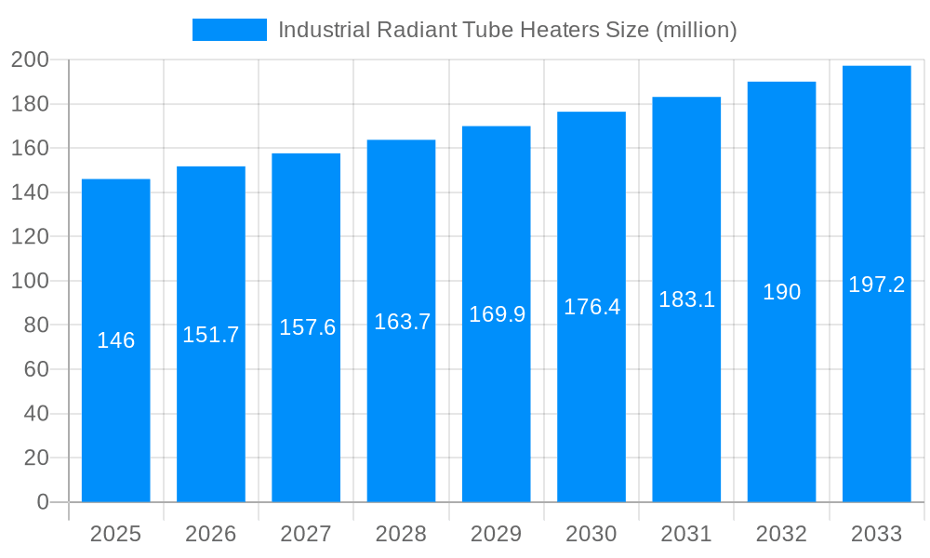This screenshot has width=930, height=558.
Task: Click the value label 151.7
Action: coord(211,335)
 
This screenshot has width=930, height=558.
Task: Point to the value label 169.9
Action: coord(497,314)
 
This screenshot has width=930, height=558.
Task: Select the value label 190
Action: coord(781,292)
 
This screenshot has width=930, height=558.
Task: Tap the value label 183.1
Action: coord(686,299)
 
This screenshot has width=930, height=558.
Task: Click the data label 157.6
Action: coord(307,327)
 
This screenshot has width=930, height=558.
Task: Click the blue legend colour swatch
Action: coord(230,30)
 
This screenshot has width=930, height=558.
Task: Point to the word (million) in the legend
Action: coord(697,30)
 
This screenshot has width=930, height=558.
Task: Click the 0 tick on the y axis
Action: coord(42,502)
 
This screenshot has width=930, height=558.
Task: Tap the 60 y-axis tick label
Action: coord(34,369)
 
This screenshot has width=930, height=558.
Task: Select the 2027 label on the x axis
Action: coord(306,534)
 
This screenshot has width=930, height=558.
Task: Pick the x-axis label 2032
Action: coord(781,534)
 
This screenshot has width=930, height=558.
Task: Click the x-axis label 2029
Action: coord(496,534)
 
